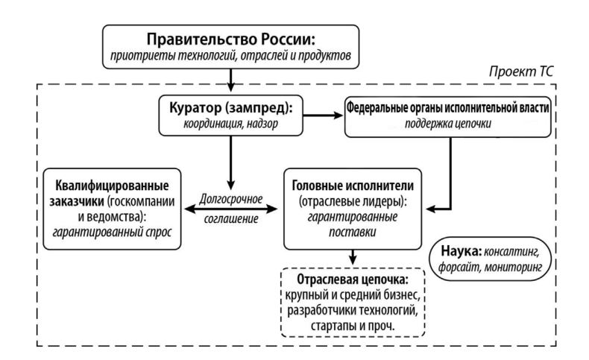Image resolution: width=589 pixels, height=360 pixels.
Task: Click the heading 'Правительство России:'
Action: click(233, 38)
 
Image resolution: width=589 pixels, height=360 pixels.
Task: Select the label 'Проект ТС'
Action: click(521, 74)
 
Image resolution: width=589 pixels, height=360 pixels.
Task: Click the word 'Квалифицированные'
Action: click(111, 183)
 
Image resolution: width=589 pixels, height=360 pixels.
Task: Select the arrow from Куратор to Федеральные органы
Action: click(319, 116)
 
